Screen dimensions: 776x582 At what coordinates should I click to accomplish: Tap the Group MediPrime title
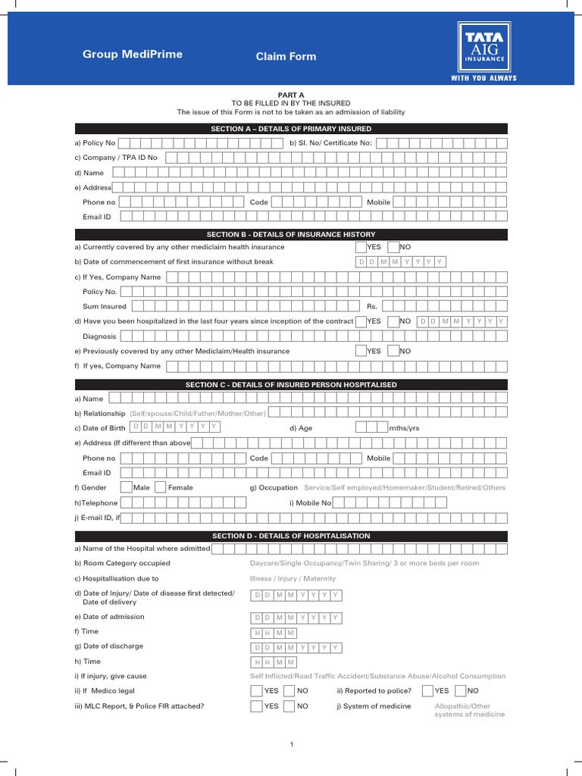[133, 55]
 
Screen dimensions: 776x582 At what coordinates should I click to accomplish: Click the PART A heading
[291, 95]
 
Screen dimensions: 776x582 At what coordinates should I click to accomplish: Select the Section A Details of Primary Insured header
[291, 129]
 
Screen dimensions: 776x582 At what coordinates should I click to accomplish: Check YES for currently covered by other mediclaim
[361, 247]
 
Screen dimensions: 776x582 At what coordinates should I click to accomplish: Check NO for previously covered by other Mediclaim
[393, 351]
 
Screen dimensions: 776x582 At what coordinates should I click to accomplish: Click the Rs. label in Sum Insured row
[372, 306]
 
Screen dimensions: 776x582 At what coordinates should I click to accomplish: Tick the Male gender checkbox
[127, 487]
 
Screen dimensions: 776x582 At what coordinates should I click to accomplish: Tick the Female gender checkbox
[160, 487]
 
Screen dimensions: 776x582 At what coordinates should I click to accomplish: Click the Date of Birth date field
[175, 427]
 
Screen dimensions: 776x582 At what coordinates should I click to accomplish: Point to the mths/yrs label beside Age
[404, 428]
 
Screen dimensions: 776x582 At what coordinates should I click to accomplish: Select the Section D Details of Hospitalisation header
[291, 536]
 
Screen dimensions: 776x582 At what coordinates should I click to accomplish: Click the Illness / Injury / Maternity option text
[293, 578]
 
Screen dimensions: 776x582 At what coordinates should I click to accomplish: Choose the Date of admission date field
[296, 618]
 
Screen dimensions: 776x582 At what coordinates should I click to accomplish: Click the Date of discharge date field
[296, 648]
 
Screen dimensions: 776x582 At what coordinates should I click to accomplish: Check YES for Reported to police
[427, 690]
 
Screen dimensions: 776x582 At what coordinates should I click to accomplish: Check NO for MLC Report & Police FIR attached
[289, 706]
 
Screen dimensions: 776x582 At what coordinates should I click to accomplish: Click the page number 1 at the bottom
[291, 746]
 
